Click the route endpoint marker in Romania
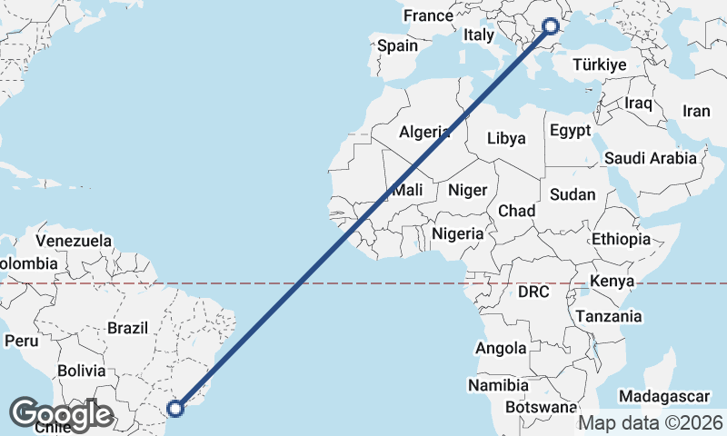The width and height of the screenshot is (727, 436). (x=550, y=26)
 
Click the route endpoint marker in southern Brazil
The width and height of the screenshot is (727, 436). (x=176, y=409)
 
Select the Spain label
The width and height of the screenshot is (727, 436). (x=397, y=45)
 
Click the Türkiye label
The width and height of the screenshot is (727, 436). (x=600, y=64)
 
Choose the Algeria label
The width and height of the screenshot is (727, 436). (x=424, y=132)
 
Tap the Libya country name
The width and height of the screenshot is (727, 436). (x=506, y=138)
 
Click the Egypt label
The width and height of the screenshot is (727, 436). (x=570, y=131)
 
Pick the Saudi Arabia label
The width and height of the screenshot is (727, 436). (x=651, y=158)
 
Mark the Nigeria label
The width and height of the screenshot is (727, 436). (x=458, y=233)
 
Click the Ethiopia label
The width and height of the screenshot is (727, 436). (x=621, y=239)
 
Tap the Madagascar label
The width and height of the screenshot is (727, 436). (x=664, y=397)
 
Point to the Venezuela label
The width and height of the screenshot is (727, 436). (x=75, y=242)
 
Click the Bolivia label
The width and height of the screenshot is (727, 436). (x=81, y=371)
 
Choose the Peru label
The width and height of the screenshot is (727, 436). (x=21, y=341)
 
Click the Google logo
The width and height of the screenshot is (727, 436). (x=62, y=414)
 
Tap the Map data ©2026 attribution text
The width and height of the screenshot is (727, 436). (x=651, y=422)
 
